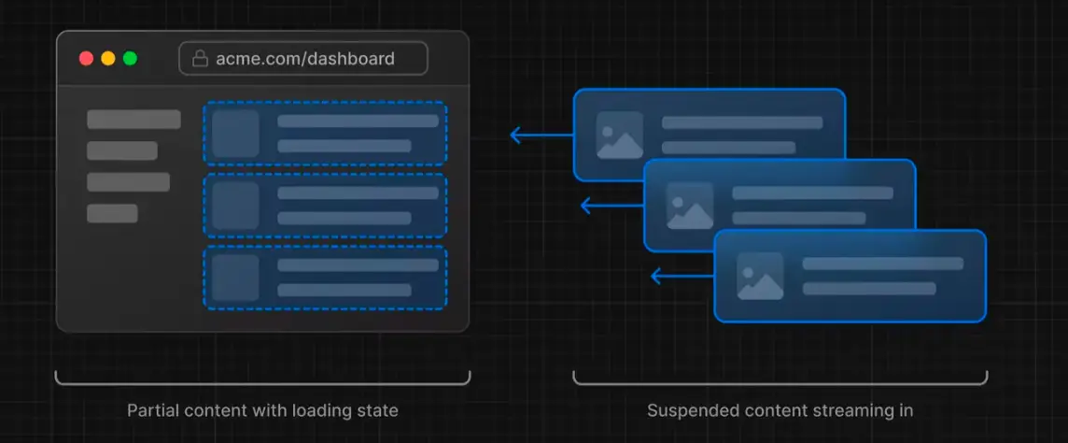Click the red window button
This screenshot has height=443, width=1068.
86,58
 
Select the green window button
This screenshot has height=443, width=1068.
130,58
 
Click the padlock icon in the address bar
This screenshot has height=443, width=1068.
200,58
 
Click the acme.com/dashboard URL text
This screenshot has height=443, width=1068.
305,58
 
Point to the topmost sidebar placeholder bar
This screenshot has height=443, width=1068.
133,120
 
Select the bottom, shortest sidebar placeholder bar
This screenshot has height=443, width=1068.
112,213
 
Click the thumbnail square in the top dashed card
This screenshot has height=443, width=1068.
235,134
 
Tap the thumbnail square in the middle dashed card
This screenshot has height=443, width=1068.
235,206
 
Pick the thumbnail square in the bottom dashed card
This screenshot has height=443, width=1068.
235,278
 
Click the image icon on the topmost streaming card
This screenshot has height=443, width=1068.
620,136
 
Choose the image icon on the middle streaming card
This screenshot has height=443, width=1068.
690,206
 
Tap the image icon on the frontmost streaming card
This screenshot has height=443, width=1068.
760,276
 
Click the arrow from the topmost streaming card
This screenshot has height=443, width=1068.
541,136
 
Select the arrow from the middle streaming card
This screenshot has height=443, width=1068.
611,206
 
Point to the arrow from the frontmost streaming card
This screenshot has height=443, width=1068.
682,276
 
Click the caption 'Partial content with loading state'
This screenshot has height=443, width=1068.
262,410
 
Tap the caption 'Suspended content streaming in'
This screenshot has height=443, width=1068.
780,410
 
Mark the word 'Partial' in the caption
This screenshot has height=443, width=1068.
148,410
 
